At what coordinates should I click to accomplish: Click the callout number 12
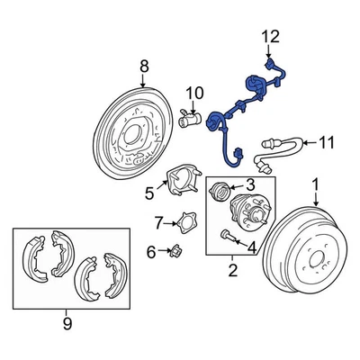[x=271, y=37]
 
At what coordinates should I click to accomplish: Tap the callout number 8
[x=143, y=66]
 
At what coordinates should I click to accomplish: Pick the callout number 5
[x=150, y=191]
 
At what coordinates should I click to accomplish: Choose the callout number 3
[x=251, y=184]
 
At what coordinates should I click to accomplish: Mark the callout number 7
[x=158, y=222]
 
